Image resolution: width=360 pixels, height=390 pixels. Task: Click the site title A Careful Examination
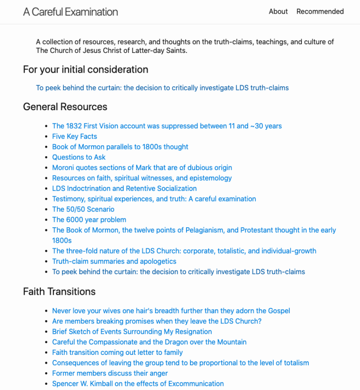coord(70,12)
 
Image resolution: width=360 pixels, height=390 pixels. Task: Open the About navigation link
coord(278,11)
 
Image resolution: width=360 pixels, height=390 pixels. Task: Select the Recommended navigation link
coord(320,11)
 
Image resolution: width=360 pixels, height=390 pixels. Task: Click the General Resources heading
coord(65,107)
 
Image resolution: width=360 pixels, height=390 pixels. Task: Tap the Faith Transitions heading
coord(59,292)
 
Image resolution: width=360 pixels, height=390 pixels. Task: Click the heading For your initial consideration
coord(85,69)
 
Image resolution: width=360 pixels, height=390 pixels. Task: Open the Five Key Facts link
coord(75,136)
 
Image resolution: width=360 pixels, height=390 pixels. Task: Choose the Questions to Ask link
coord(79,157)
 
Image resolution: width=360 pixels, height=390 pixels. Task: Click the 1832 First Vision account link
coord(167,126)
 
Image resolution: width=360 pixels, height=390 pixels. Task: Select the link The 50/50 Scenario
coord(83,209)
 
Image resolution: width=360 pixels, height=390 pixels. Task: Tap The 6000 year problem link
coord(89,219)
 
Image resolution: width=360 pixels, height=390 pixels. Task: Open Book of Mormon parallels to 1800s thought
coord(120,147)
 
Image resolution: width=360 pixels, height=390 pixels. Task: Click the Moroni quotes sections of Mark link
coord(142,167)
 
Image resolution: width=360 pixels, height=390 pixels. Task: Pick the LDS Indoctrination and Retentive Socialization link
coord(124,188)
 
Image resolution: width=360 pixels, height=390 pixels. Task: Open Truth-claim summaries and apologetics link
coord(114,261)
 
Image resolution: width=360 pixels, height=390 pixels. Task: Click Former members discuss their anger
coord(110,373)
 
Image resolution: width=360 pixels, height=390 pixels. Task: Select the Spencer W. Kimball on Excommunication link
coord(138,383)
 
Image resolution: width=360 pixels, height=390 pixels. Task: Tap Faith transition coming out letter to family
coord(117,352)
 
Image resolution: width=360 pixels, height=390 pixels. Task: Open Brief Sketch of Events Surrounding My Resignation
coord(132,331)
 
